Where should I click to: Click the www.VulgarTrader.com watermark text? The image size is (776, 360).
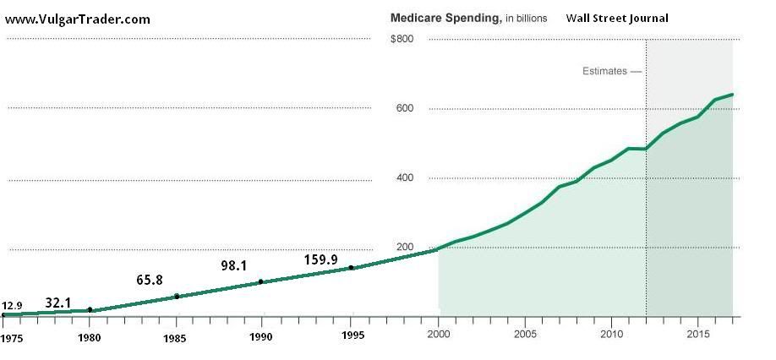click(x=79, y=19)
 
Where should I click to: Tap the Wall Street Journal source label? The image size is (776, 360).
click(x=617, y=19)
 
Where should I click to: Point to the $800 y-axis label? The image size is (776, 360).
click(x=402, y=39)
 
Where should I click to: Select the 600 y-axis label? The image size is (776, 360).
click(x=405, y=108)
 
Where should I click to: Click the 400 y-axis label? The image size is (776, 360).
click(x=405, y=178)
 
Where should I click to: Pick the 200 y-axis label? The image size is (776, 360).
click(x=405, y=248)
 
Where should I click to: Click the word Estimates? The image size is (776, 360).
click(x=604, y=71)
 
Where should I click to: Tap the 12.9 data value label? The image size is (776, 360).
click(x=12, y=306)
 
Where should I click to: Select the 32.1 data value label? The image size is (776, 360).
click(x=57, y=303)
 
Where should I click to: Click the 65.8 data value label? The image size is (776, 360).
click(x=149, y=281)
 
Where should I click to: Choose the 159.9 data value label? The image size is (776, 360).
click(x=321, y=259)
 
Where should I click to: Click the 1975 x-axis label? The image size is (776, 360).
click(x=12, y=338)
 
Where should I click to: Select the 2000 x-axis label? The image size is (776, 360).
click(x=438, y=335)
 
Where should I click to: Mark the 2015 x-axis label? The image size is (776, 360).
click(x=697, y=335)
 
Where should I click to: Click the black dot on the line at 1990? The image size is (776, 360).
click(x=260, y=281)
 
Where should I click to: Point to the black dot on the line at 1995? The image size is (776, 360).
click(x=351, y=268)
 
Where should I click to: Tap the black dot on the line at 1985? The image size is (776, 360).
click(x=177, y=297)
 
